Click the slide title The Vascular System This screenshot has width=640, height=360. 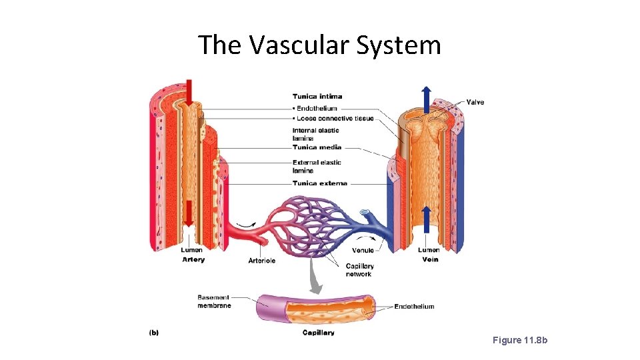319,45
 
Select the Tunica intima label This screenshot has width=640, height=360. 317,97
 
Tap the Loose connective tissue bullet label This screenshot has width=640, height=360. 333,119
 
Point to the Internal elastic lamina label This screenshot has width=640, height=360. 315,134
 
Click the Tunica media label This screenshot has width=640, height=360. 317,147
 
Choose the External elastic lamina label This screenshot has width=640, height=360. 317,166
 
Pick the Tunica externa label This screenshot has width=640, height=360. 319,183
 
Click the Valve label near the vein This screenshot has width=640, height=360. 475,102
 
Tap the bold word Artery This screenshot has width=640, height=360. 193,259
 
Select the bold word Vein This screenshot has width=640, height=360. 430,259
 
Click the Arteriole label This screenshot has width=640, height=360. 262,261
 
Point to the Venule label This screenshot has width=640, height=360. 363,251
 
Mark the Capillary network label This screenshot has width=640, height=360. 359,270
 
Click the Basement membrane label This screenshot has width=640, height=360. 214,301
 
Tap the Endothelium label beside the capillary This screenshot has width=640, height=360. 414,307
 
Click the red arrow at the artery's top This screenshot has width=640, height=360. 190,93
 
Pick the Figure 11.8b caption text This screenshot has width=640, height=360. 519,340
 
